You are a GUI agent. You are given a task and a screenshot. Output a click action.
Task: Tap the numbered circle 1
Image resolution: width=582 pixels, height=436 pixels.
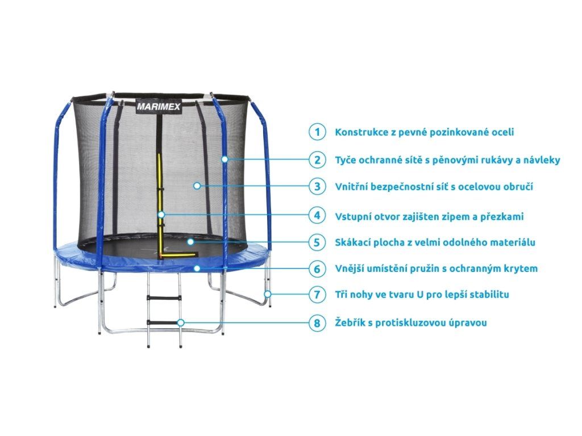[317, 132]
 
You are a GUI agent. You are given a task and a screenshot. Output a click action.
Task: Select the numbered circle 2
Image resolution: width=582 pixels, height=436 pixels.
[317, 160]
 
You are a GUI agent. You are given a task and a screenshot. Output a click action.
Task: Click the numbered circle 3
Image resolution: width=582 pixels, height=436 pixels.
[317, 186]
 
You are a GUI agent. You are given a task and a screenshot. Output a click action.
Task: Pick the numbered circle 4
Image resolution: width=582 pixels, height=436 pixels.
[317, 216]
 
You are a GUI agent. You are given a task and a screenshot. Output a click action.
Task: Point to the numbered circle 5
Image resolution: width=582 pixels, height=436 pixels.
[317, 242]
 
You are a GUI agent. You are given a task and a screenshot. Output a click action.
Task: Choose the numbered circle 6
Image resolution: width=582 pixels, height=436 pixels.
[317, 268]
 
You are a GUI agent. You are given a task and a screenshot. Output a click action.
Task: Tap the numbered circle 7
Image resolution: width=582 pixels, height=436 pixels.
[317, 295]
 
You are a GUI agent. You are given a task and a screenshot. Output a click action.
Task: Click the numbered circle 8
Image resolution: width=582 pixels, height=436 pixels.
[317, 323]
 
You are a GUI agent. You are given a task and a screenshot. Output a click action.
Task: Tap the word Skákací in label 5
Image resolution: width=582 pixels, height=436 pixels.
[353, 242]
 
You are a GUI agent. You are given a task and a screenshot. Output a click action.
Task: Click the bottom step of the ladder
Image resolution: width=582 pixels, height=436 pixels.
[163, 322]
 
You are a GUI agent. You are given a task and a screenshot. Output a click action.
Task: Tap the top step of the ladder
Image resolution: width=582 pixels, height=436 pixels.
[163, 297]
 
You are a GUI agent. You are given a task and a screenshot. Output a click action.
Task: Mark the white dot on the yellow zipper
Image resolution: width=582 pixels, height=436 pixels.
[162, 215]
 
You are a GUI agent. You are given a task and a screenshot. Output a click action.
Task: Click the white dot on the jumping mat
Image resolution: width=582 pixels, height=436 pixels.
[191, 242]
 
